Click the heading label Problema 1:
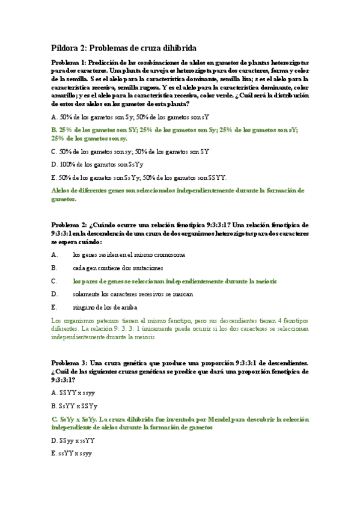click(x=70, y=62)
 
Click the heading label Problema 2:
click(x=70, y=224)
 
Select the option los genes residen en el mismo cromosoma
click(x=129, y=254)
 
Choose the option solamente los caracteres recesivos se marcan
click(x=133, y=294)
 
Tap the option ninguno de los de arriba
click(x=105, y=307)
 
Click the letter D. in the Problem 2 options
click(x=55, y=294)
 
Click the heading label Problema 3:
click(x=70, y=363)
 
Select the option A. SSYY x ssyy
click(x=73, y=392)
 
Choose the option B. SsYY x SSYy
click(x=75, y=405)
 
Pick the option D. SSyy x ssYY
click(x=73, y=440)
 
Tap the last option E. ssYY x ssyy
click(x=72, y=453)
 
